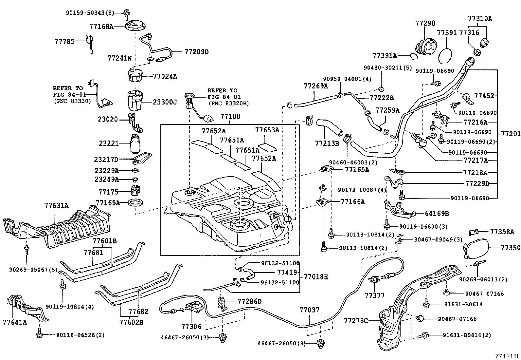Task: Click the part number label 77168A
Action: [101, 27]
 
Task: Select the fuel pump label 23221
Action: [108, 143]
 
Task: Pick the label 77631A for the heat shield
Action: [56, 206]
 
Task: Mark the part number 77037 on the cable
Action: [309, 310]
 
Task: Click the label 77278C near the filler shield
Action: [356, 321]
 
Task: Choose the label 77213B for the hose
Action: [327, 143]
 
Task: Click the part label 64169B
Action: [437, 214]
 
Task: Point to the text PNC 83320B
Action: [228, 104]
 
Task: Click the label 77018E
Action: [314, 277]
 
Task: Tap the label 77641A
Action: [15, 322]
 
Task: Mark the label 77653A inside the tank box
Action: [267, 130]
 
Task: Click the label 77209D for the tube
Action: [196, 52]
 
